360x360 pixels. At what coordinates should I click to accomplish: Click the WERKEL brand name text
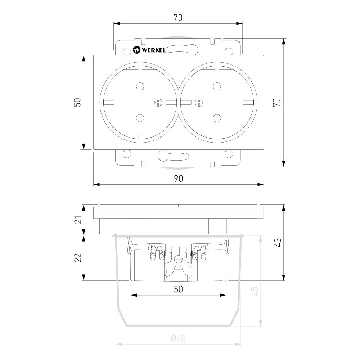coord(154,50)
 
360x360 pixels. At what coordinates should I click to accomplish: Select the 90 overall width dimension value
coord(178,179)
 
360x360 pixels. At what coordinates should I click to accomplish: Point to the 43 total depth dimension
coord(277,243)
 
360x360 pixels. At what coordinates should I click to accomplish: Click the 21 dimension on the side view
coord(77,220)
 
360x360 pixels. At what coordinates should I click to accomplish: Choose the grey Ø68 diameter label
coord(178,338)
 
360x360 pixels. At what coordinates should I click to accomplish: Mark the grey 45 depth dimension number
coord(254,291)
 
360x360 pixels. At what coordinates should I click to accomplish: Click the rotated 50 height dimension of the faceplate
coord(77,102)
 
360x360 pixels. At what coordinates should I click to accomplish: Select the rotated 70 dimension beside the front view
coord(276,102)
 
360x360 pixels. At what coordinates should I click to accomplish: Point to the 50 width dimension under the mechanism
coord(178,289)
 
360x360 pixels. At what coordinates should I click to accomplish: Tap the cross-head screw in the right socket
coord(198,103)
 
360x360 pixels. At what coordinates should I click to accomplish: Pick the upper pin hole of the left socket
coord(140,86)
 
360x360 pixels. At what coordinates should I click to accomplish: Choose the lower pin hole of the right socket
coord(217,118)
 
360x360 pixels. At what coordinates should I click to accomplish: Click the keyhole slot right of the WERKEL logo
coord(178,49)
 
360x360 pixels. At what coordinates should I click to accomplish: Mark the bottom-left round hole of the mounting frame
coord(126,154)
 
